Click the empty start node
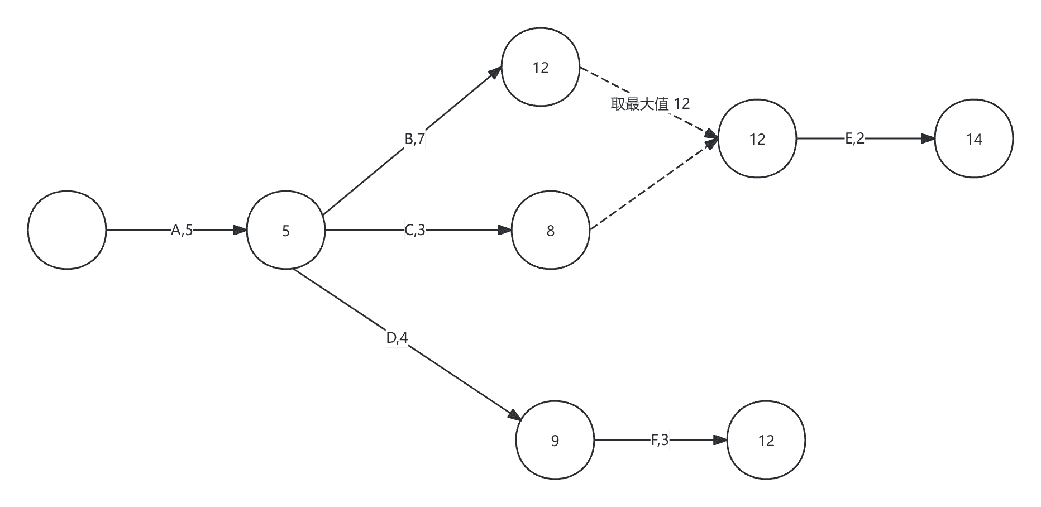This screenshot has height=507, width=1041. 67,230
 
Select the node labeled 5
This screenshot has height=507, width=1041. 286,230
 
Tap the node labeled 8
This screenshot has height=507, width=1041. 551,230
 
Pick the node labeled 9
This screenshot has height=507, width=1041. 555,440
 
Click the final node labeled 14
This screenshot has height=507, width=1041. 974,138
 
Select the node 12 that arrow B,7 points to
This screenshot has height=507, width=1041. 541,67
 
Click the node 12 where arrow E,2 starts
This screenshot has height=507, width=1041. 757,138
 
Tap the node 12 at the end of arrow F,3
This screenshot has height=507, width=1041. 766,440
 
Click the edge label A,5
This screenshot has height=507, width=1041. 182,230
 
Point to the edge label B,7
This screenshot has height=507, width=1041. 415,138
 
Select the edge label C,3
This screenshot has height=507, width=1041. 415,230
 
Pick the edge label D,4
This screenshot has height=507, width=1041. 397,338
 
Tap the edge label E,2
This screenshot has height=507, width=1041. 854,138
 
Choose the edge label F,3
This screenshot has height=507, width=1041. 660,440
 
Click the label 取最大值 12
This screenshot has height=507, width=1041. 650,104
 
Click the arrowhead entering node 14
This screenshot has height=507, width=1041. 928,138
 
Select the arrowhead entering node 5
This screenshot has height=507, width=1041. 240,230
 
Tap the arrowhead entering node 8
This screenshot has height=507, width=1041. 505,230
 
